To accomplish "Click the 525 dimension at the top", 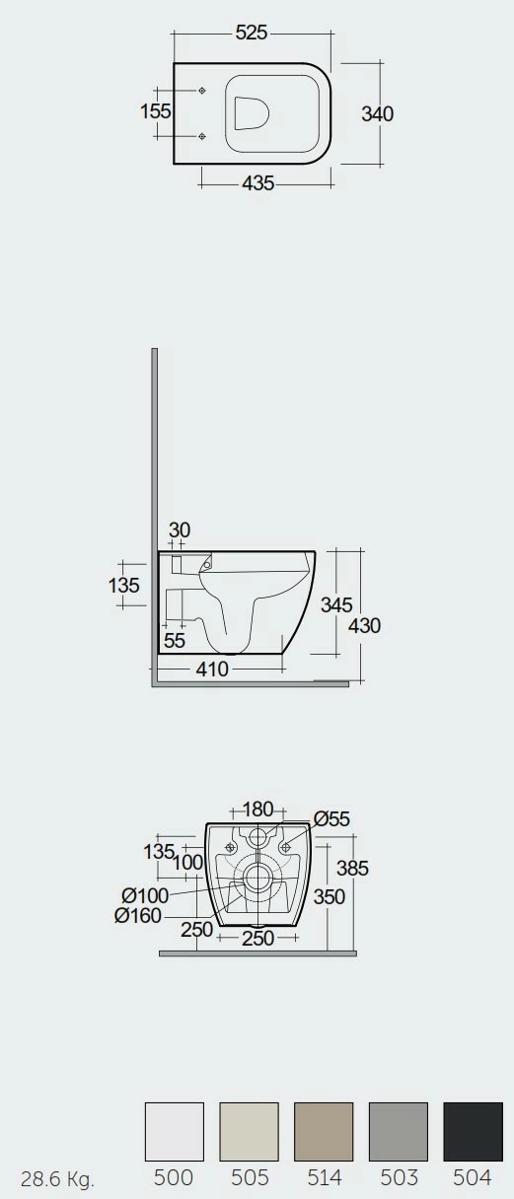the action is pyautogui.click(x=252, y=33).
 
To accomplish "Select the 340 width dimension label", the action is pyautogui.click(x=378, y=113).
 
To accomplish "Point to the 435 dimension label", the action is pyautogui.click(x=258, y=183).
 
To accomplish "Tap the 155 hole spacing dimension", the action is pyautogui.click(x=156, y=111).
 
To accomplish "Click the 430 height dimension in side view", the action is pyautogui.click(x=365, y=625).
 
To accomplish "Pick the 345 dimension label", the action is pyautogui.click(x=336, y=604).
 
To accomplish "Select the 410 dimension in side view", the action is pyautogui.click(x=212, y=669).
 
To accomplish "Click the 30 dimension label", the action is pyautogui.click(x=180, y=529).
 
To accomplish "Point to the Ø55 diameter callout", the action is pyautogui.click(x=331, y=818).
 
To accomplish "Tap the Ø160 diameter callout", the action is pyautogui.click(x=138, y=915).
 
